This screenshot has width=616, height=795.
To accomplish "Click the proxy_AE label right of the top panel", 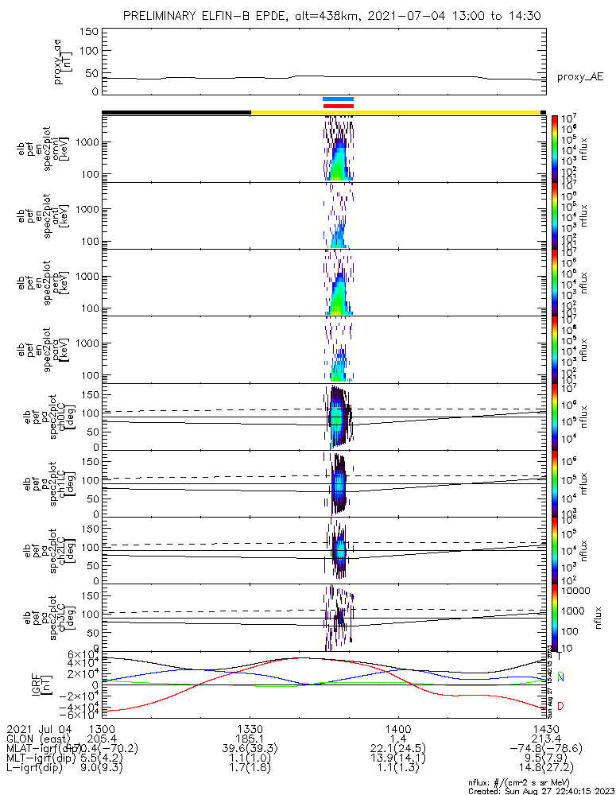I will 580,76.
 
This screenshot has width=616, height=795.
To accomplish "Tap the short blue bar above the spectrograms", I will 338,99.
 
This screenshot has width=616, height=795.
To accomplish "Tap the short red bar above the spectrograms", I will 338,106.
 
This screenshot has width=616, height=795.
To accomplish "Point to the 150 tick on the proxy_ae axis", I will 89,31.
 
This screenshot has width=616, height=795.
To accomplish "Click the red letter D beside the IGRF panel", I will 561,707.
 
